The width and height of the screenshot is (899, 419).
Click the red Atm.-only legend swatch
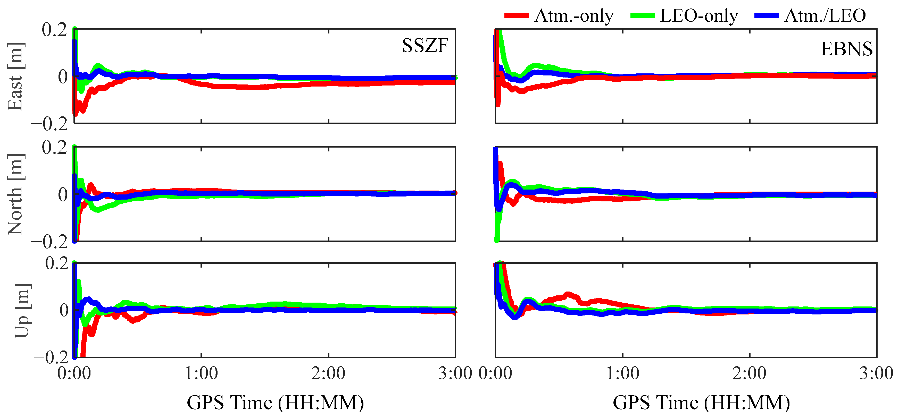pos(516,15)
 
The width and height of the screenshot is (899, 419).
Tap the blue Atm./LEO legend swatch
pos(766,15)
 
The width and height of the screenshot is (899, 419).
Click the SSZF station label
pos(425,46)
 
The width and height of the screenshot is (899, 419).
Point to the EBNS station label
pos(846,49)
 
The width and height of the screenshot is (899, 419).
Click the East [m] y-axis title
pos(15,77)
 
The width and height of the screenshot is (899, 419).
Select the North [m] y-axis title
pos(15,194)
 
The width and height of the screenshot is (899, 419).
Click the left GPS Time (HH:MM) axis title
pos(275,403)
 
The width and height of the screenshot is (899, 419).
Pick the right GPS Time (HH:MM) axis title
pos(702,403)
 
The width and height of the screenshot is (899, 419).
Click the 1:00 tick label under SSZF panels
pos(201,374)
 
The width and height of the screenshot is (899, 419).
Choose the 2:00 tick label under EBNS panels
pos(749,374)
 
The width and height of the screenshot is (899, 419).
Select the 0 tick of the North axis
pos(63,194)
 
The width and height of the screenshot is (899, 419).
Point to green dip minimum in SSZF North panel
pos(98,210)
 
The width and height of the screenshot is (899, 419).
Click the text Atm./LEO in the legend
pos(825,16)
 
